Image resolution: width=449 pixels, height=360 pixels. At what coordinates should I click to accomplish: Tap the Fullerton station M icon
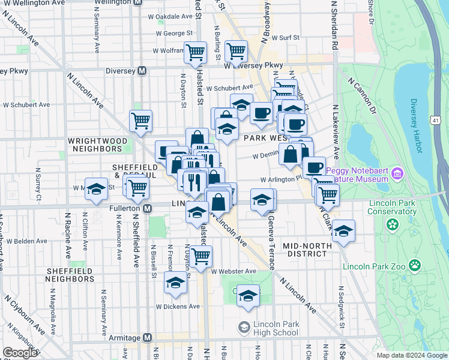click(148, 208)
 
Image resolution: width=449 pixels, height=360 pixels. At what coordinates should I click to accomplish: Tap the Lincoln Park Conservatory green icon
click(393, 224)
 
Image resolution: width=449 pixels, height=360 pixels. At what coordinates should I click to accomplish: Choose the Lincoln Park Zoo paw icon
click(415, 265)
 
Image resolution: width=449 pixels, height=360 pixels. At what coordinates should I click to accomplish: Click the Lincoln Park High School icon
click(244, 327)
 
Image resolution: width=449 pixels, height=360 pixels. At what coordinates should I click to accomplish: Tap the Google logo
click(20, 353)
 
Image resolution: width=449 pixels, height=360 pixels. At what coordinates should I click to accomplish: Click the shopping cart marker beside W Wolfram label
click(195, 52)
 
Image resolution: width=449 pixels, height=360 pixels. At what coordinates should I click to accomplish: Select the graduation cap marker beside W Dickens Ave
click(176, 284)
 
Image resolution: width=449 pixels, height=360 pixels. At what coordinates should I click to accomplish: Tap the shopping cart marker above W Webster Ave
click(201, 255)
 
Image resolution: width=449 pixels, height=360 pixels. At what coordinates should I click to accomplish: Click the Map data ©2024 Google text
click(412, 355)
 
